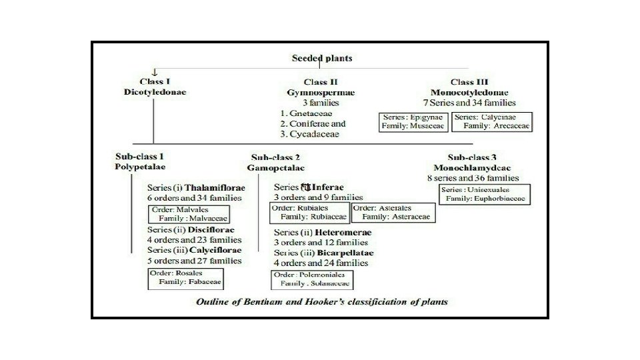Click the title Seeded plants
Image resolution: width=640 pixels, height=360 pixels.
tap(322, 58)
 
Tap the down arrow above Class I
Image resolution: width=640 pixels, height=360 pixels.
tap(155, 72)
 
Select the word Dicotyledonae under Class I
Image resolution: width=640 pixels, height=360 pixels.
tap(155, 91)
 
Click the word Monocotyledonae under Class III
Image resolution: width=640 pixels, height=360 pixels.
tap(469, 92)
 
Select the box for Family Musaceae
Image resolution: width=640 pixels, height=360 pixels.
tap(412, 121)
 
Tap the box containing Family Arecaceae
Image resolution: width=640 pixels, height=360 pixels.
tap(491, 121)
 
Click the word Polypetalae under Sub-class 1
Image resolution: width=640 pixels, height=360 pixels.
tap(140, 166)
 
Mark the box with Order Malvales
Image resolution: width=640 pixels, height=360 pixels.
tap(189, 213)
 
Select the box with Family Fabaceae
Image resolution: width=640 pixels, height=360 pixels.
tap(185, 277)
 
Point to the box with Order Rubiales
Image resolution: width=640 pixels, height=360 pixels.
tap(310, 212)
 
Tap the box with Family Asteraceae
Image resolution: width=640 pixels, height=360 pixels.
tap(393, 212)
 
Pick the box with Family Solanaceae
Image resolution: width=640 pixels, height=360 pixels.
tap(311, 279)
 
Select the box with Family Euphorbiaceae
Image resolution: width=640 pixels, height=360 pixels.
tap(484, 194)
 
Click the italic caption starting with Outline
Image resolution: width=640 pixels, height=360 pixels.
tap(321, 301)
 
